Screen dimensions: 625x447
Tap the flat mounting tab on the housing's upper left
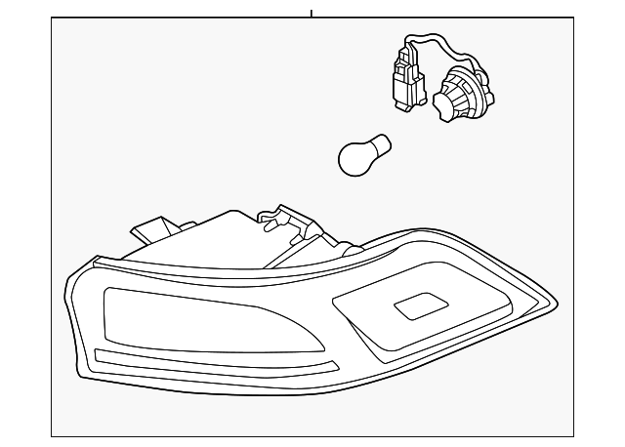pos(149,230)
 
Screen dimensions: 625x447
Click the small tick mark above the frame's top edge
pos(311,12)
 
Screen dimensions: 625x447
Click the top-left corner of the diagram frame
pos(52,20)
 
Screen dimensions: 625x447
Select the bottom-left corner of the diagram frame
pos(52,436)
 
